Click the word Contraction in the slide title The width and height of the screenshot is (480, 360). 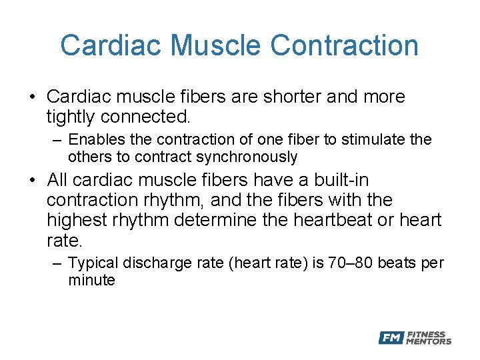click(345, 45)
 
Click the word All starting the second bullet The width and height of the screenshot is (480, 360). click(59, 180)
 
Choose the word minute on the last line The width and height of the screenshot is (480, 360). click(91, 280)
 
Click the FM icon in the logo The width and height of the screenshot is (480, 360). click(391, 338)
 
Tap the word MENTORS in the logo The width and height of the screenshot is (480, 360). click(430, 341)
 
